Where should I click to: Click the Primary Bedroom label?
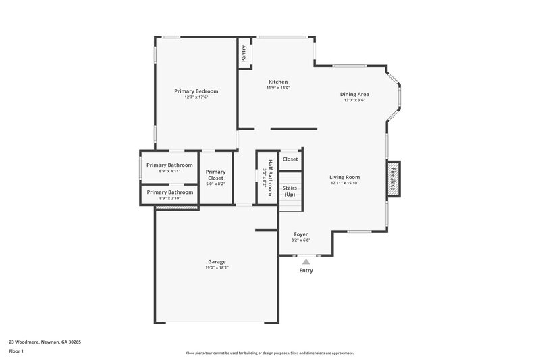click(196, 91)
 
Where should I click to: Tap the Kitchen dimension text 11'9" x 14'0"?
click(277, 88)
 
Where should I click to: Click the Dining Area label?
click(354, 94)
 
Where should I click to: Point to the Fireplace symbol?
click(393, 180)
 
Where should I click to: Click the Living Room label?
click(344, 177)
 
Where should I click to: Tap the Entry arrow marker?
click(306, 261)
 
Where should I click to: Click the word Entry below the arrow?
click(306, 271)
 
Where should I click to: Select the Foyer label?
click(300, 234)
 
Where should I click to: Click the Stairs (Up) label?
click(290, 191)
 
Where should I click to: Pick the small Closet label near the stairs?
click(290, 159)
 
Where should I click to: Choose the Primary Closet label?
click(215, 175)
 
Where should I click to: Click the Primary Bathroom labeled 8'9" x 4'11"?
click(169, 165)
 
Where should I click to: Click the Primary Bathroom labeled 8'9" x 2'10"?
click(169, 192)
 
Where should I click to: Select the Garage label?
click(217, 262)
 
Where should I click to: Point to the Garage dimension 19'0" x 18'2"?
click(217, 268)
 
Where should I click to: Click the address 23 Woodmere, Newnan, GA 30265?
click(45, 342)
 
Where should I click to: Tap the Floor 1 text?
click(16, 351)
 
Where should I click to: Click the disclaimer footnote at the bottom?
click(269, 353)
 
